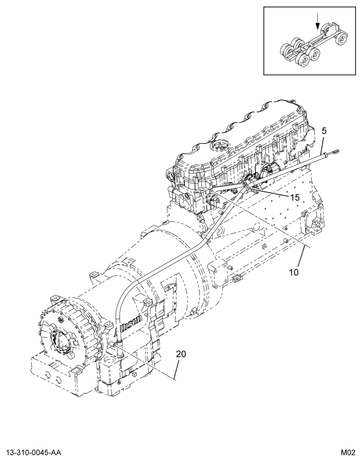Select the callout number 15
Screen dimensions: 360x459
295,197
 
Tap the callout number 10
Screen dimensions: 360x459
293,272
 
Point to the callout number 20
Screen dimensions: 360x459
181,354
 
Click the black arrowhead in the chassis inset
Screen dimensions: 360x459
317,27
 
